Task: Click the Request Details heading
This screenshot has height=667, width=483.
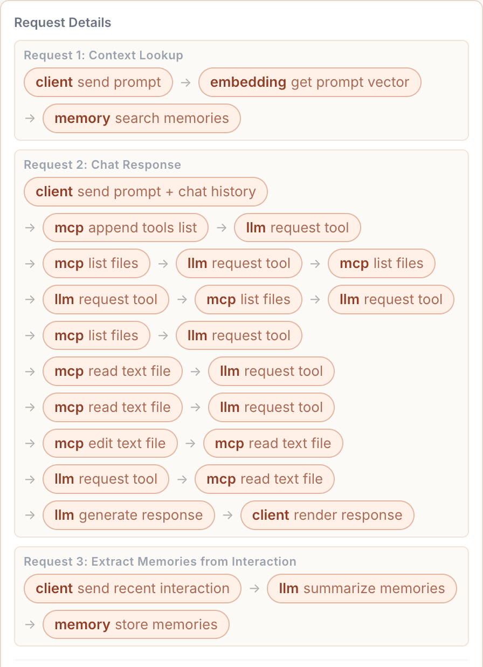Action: point(63,23)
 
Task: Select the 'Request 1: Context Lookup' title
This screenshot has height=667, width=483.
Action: point(103,55)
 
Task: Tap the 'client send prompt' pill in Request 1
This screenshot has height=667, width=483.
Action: point(98,82)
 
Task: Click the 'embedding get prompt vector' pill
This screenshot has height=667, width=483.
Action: point(310,82)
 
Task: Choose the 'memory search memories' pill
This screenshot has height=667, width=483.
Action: point(142,118)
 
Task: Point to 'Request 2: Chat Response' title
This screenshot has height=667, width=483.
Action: point(102,164)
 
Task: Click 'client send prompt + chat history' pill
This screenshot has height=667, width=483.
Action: point(146,192)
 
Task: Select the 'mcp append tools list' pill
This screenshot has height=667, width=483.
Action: point(126,228)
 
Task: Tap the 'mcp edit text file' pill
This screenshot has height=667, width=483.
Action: point(110,443)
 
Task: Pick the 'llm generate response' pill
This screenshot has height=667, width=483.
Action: point(128,515)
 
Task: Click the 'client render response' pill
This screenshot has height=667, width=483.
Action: point(327,515)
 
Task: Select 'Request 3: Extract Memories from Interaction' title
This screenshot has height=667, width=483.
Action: point(160,562)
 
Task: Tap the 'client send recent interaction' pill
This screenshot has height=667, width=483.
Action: point(133,589)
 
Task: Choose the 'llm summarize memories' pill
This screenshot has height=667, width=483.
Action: point(362,589)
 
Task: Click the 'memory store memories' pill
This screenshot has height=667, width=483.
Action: point(136,624)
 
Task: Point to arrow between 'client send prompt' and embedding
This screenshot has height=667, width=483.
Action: point(185,82)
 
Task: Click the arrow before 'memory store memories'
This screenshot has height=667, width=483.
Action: point(30,625)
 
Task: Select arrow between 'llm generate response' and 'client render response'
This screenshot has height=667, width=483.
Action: point(227,515)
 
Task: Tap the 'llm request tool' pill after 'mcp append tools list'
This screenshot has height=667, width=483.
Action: point(298,228)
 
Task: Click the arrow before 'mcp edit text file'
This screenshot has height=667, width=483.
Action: point(30,444)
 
